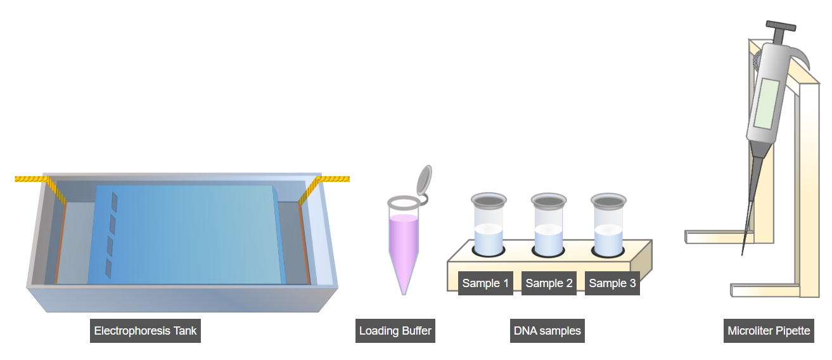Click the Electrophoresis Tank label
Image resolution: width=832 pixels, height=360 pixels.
pyautogui.click(x=145, y=331)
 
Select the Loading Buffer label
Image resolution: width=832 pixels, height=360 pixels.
pyautogui.click(x=395, y=331)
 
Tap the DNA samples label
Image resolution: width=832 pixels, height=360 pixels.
pyautogui.click(x=547, y=331)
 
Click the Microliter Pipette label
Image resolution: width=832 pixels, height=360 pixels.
pyautogui.click(x=769, y=331)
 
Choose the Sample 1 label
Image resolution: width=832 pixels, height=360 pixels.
pyautogui.click(x=485, y=283)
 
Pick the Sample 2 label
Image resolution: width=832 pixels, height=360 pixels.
pyautogui.click(x=549, y=283)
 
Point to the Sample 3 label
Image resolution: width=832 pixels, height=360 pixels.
pyautogui.click(x=612, y=283)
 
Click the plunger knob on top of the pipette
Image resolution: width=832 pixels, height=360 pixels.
pyautogui.click(x=781, y=27)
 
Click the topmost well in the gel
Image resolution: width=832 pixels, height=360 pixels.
pyautogui.click(x=114, y=201)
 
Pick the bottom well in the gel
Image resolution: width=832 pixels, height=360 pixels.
pyautogui.click(x=108, y=269)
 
